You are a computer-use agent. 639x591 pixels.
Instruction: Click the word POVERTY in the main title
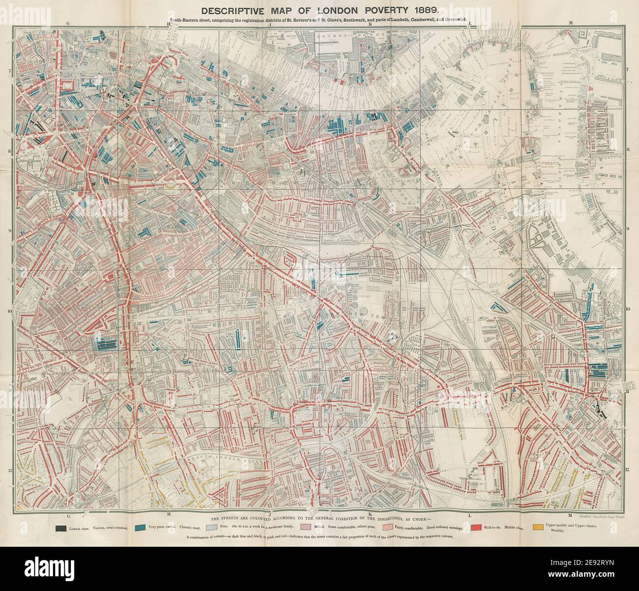point(379,9)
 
